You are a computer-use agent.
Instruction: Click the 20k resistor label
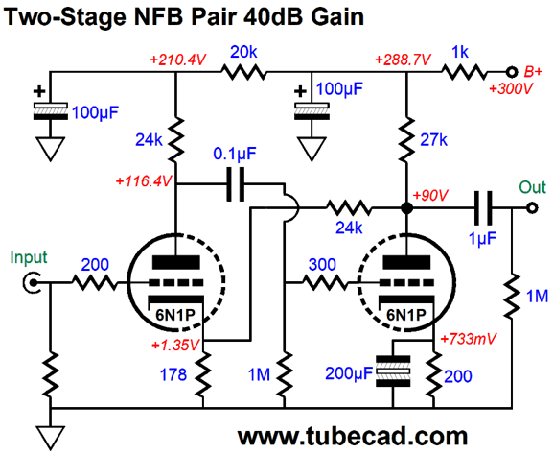(243, 53)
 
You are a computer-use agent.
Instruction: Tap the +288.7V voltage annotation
(403, 60)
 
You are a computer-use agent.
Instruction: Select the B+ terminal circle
(511, 72)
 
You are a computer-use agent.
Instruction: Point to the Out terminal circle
(532, 208)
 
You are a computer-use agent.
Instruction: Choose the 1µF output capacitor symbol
(483, 208)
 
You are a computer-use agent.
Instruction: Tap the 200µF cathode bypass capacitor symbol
(393, 371)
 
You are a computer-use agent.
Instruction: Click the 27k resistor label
(434, 140)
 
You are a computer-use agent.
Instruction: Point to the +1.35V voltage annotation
(175, 345)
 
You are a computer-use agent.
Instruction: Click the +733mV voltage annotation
(469, 339)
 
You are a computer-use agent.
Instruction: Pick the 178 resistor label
(173, 374)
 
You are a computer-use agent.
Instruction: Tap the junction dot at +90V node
(407, 208)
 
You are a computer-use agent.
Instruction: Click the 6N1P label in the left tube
(175, 315)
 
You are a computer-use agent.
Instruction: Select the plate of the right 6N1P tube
(406, 262)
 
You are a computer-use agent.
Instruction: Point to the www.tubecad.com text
(353, 437)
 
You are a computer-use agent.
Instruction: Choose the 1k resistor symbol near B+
(464, 72)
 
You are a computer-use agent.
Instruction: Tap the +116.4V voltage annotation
(144, 181)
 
